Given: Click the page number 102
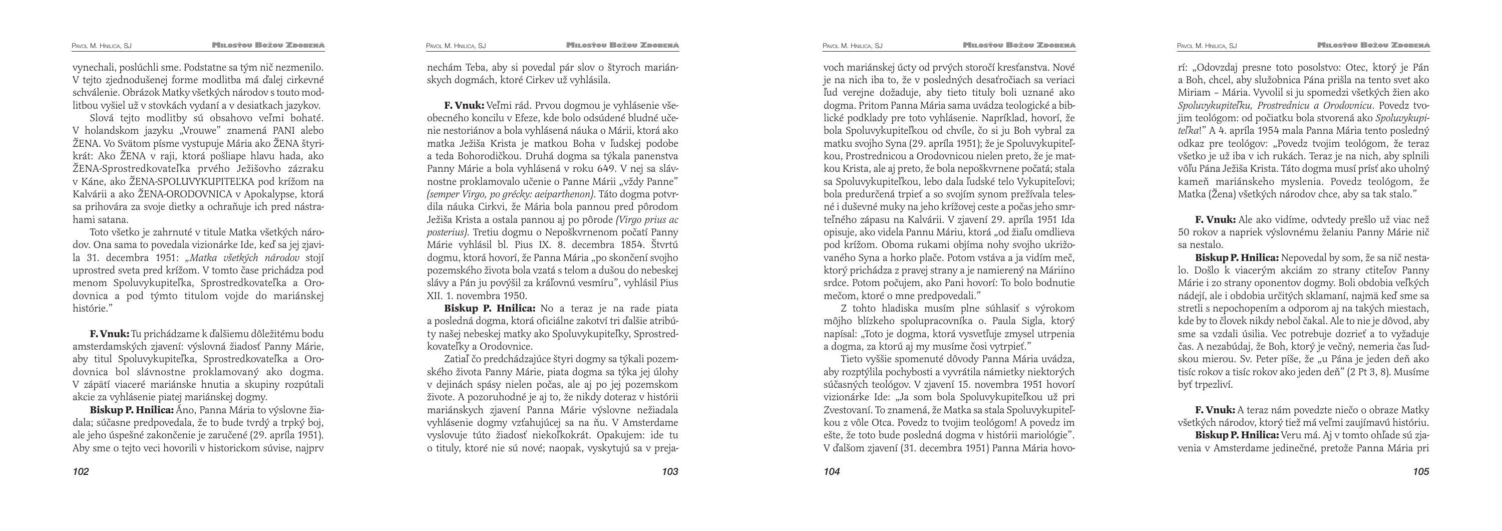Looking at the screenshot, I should click(x=81, y=471).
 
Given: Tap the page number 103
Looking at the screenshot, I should click(x=670, y=471).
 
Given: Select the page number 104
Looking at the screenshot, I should click(x=832, y=471).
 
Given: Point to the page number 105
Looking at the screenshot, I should click(x=1421, y=471).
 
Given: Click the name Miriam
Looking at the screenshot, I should click(x=1193, y=93).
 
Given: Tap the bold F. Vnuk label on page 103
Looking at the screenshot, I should click(x=464, y=106).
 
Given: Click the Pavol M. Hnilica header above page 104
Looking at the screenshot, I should click(x=853, y=46).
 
